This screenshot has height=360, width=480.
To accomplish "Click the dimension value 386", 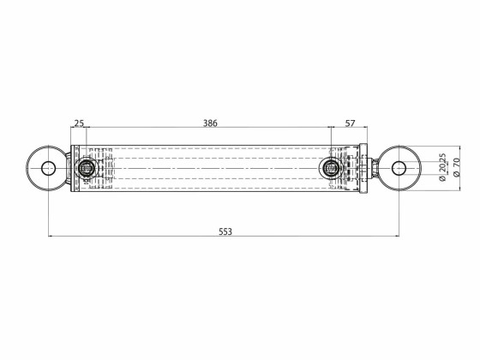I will [x=210, y=123].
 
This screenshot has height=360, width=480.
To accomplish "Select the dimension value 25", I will [x=79, y=123].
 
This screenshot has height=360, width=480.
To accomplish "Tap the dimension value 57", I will [x=350, y=123].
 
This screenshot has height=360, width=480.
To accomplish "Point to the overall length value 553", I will [x=225, y=231].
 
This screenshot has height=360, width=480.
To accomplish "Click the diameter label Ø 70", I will [x=456, y=166].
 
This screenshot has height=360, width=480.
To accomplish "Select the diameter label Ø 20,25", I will [x=441, y=166].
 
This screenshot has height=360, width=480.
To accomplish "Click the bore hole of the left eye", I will [x=48, y=167].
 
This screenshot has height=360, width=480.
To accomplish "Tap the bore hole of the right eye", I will [x=399, y=167].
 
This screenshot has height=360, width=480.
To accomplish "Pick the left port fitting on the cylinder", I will [x=87, y=167].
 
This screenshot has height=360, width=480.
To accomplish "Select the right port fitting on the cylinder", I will [x=330, y=167].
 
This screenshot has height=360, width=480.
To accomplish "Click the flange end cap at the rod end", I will [x=363, y=167].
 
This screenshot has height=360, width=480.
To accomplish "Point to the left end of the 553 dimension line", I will [x=48, y=236].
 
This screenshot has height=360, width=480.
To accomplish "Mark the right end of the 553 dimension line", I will [x=399, y=236].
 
